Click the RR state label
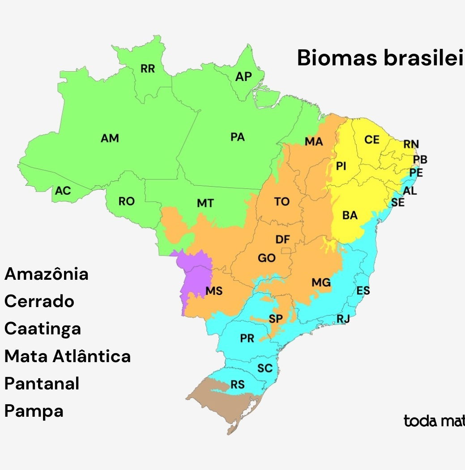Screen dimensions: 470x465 click(148, 69)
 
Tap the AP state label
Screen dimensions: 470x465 click(244, 77)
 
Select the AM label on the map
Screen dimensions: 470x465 click(110, 138)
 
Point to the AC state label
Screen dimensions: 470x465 click(63, 191)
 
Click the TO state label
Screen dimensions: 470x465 click(282, 202)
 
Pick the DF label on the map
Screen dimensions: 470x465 click(282, 239)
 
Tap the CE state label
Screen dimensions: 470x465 click(372, 140)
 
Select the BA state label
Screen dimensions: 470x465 click(350, 215)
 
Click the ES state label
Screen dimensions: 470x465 click(363, 291)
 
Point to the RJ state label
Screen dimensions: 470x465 click(343, 319)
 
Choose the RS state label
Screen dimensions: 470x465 click(238, 385)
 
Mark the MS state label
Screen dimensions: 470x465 click(214, 291)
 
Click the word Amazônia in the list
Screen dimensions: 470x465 click(47, 274)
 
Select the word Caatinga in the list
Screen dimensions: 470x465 click(43, 329)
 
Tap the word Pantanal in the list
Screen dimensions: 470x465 click(42, 384)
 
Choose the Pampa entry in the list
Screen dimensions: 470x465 click(34, 411)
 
